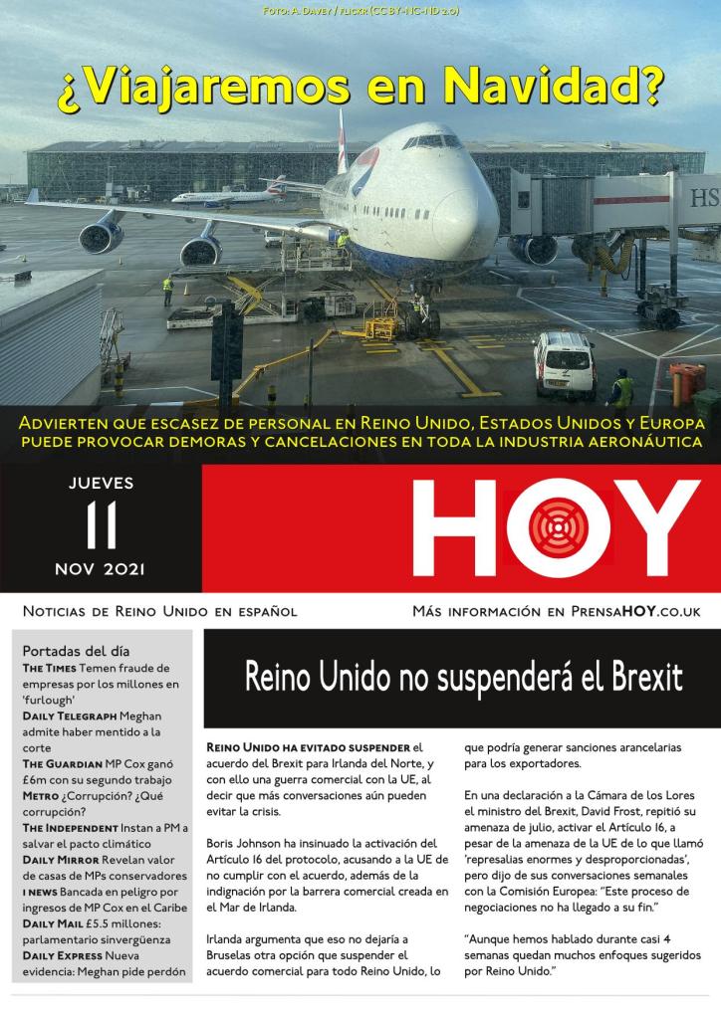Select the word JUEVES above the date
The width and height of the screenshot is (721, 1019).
101,485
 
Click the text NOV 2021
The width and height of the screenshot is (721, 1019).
101,569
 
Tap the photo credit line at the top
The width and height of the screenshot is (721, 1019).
360,10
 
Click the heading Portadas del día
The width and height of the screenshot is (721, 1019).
75,650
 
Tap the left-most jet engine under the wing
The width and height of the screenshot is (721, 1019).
100,238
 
